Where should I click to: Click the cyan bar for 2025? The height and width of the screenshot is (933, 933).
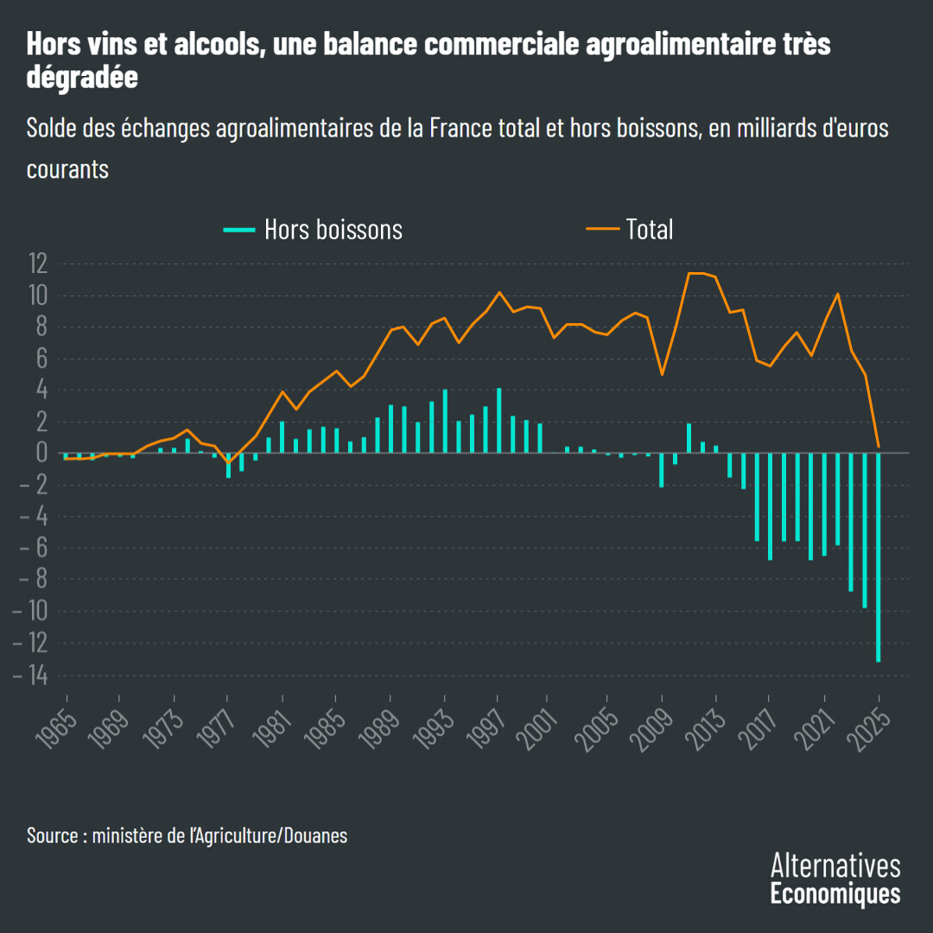(x=879, y=557)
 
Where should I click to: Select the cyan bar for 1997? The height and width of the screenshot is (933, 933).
(x=498, y=421)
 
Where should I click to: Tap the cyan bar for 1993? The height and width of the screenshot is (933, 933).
(x=445, y=422)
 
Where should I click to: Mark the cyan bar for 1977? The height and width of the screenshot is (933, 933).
(x=228, y=465)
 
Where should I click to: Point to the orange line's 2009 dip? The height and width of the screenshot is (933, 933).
(x=662, y=374)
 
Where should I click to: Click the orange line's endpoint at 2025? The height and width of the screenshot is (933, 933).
(x=879, y=447)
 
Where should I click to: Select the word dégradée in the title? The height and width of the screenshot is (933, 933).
(x=82, y=77)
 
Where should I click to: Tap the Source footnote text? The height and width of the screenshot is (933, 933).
(x=187, y=835)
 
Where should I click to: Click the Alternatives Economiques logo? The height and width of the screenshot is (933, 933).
(x=835, y=879)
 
